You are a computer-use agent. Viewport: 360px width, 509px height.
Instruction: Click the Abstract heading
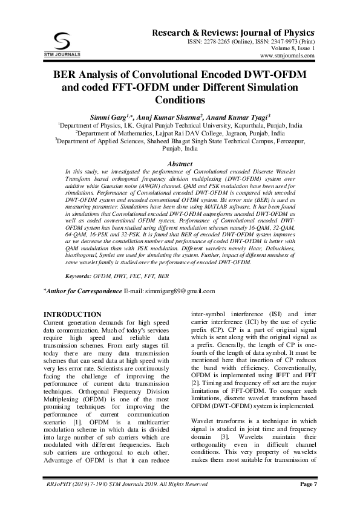tap(180, 164)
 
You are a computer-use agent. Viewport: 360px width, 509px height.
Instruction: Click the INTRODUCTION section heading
tap(73, 314)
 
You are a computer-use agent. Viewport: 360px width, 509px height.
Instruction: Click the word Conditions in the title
tap(180, 100)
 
